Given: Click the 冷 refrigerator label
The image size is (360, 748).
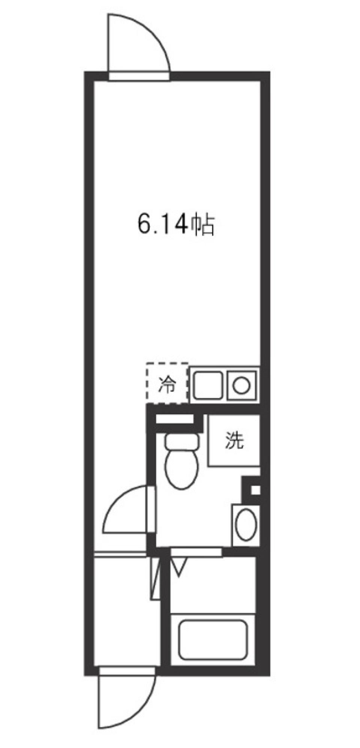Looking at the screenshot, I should (x=167, y=385).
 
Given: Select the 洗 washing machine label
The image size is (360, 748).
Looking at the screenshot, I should (x=234, y=441).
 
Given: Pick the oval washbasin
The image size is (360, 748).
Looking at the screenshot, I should (x=246, y=524).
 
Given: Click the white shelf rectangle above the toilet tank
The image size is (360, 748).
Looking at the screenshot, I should (x=175, y=419).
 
